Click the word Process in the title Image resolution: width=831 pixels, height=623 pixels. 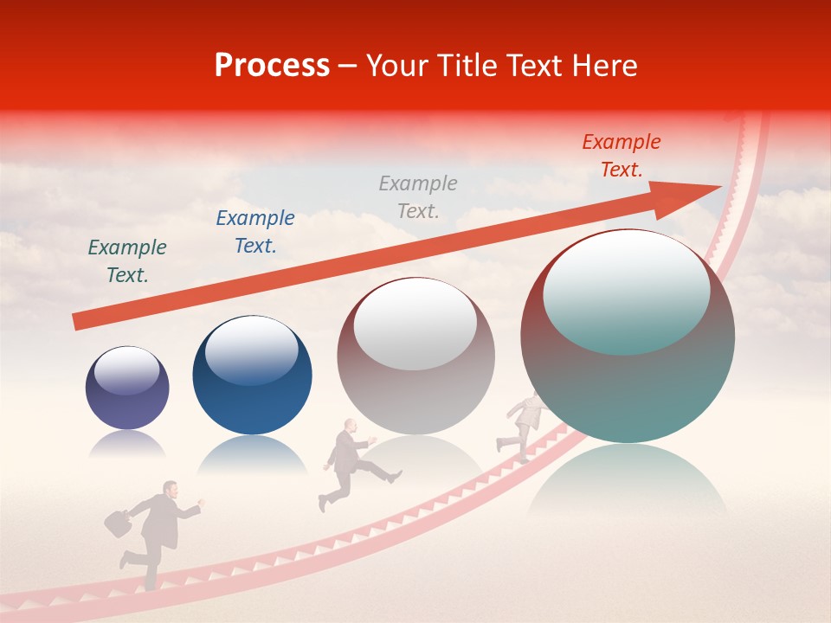pyautogui.click(x=272, y=66)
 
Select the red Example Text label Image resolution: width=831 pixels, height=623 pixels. pyautogui.click(x=621, y=156)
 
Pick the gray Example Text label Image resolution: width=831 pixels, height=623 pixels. pyautogui.click(x=418, y=196)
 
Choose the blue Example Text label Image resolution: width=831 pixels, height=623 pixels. pyautogui.click(x=255, y=232)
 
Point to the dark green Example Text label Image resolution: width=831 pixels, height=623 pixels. pyautogui.click(x=127, y=260)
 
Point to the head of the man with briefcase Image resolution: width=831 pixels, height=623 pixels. pyautogui.click(x=171, y=491)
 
